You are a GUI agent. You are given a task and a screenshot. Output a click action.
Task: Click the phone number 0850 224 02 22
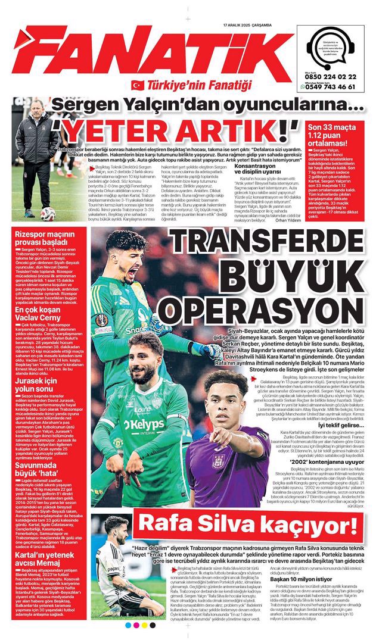point(330,77)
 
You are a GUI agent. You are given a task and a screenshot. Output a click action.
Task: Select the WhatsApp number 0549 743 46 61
point(333,86)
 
